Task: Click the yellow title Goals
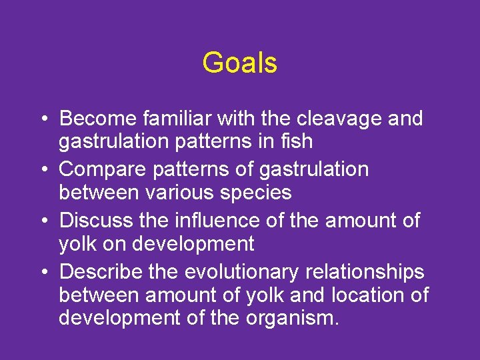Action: pos(239,63)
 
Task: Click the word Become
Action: pos(98,119)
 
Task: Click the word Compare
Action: pos(101,169)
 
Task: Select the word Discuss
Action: pos(97,220)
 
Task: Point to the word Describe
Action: pos(101,271)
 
